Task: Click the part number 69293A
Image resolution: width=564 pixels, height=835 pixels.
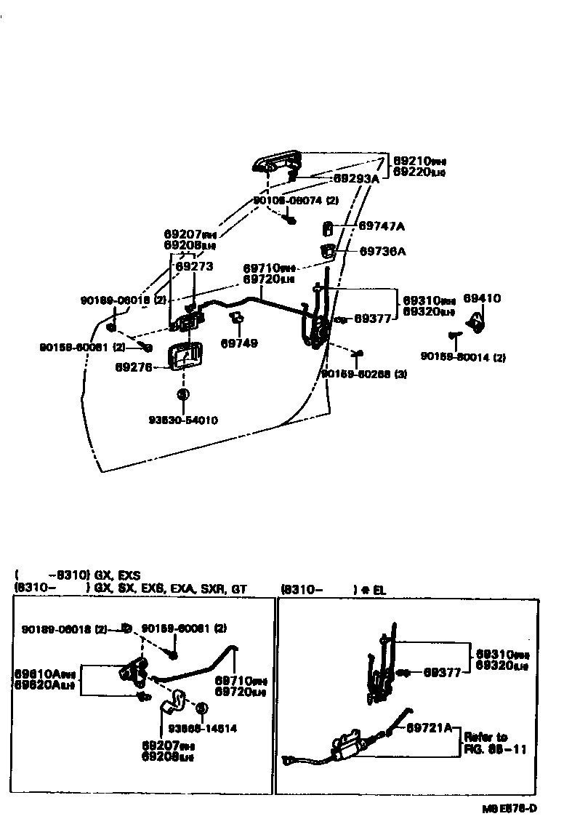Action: (x=356, y=178)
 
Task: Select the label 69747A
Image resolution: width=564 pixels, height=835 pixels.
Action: (x=381, y=226)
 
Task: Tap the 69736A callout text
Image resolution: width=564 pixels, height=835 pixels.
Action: (x=382, y=252)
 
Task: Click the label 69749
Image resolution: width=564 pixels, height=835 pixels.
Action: (x=239, y=343)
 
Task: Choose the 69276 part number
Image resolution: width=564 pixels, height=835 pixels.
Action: (x=133, y=367)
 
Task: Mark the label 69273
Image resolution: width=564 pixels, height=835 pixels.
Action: (x=195, y=267)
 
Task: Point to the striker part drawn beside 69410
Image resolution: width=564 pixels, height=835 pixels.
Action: (x=476, y=321)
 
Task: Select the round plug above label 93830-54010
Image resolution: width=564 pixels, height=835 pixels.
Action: (x=182, y=393)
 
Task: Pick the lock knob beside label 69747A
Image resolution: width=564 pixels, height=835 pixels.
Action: (x=327, y=229)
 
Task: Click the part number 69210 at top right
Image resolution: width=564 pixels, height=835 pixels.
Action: (x=412, y=160)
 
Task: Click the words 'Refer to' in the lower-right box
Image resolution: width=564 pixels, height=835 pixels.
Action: (x=486, y=737)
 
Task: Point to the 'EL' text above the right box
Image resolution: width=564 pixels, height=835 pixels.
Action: (x=379, y=590)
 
